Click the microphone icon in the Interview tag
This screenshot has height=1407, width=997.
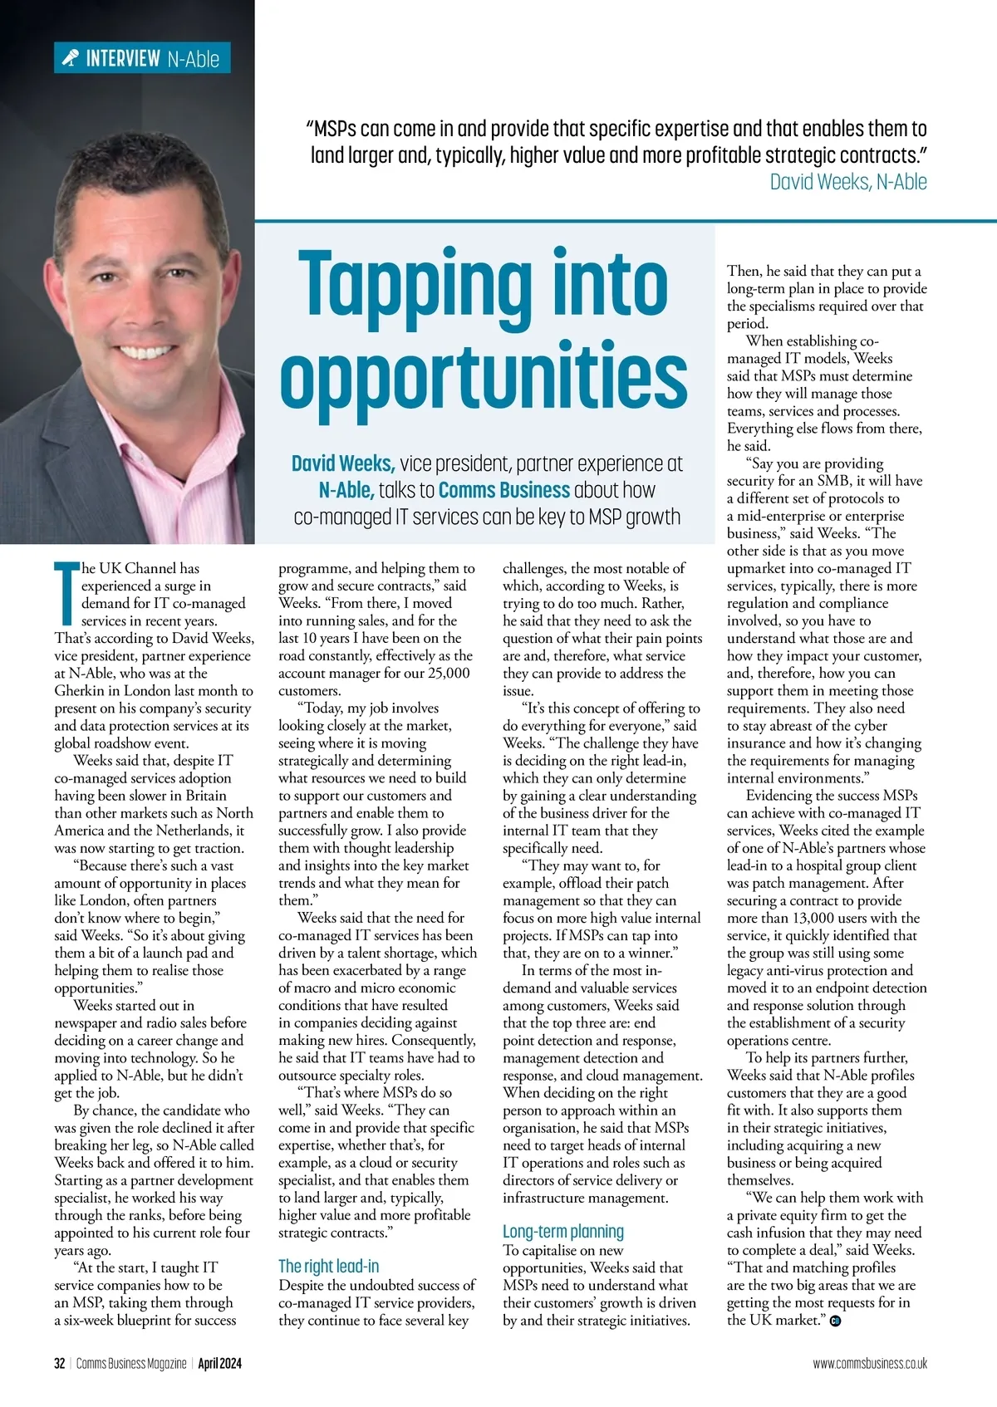click(71, 57)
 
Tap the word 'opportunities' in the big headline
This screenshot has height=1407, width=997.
click(484, 375)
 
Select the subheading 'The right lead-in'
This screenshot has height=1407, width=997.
click(328, 1266)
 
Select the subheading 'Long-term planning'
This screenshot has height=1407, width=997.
click(562, 1231)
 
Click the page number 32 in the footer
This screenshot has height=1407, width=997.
click(59, 1363)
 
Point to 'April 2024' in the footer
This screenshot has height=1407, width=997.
click(219, 1363)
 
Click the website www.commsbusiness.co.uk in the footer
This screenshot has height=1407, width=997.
click(870, 1363)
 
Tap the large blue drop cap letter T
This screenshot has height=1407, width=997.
click(66, 592)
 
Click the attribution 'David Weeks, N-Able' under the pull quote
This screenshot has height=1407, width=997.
click(847, 181)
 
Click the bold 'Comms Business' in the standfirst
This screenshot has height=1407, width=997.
click(504, 490)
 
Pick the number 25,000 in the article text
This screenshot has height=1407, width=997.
click(449, 673)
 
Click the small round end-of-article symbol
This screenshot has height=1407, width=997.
click(835, 1321)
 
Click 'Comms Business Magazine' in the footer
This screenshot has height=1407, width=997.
click(131, 1363)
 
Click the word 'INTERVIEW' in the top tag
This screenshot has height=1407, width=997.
click(123, 58)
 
